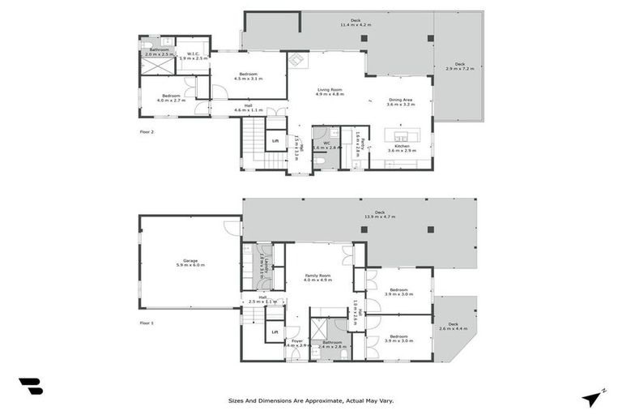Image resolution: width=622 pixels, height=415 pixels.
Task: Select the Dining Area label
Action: pos(401,101)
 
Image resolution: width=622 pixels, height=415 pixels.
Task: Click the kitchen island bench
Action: pos(400,134)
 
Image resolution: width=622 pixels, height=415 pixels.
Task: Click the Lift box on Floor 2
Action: pos(275,141)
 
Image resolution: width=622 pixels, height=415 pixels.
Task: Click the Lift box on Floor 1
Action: pos(275,332)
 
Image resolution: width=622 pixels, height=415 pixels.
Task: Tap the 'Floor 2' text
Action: pos(146,130)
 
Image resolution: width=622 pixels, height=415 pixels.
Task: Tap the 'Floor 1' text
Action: pos(146,322)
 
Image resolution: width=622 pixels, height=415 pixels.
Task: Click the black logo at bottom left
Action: pos(30,387)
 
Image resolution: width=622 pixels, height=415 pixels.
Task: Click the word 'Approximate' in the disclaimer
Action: pos(316,400)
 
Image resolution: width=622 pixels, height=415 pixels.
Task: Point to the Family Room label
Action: pos(317,277)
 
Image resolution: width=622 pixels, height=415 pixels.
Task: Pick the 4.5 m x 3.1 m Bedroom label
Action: pos(249,77)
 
